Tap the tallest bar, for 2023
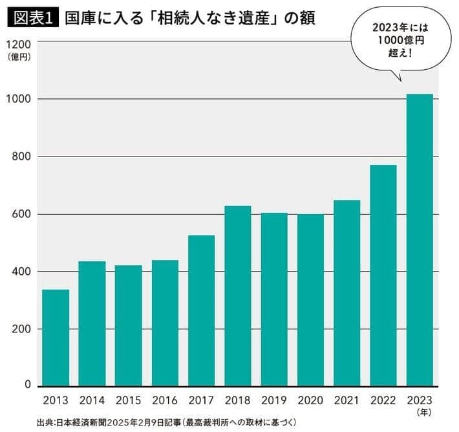(x=420, y=239)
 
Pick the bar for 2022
(x=383, y=275)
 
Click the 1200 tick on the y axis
(x=17, y=45)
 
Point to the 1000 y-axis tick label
(x=17, y=99)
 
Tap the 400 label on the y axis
(x=20, y=272)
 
